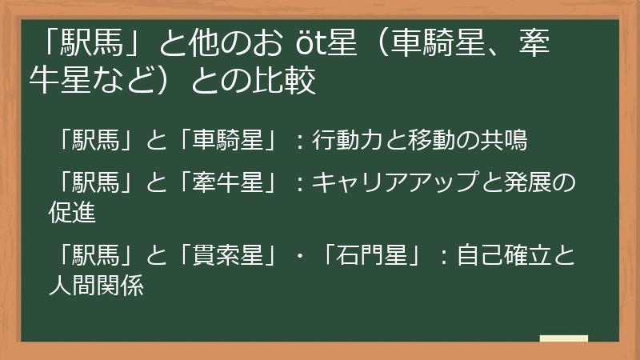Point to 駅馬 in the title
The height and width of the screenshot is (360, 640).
(94, 43)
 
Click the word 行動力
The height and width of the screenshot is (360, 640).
(341, 140)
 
